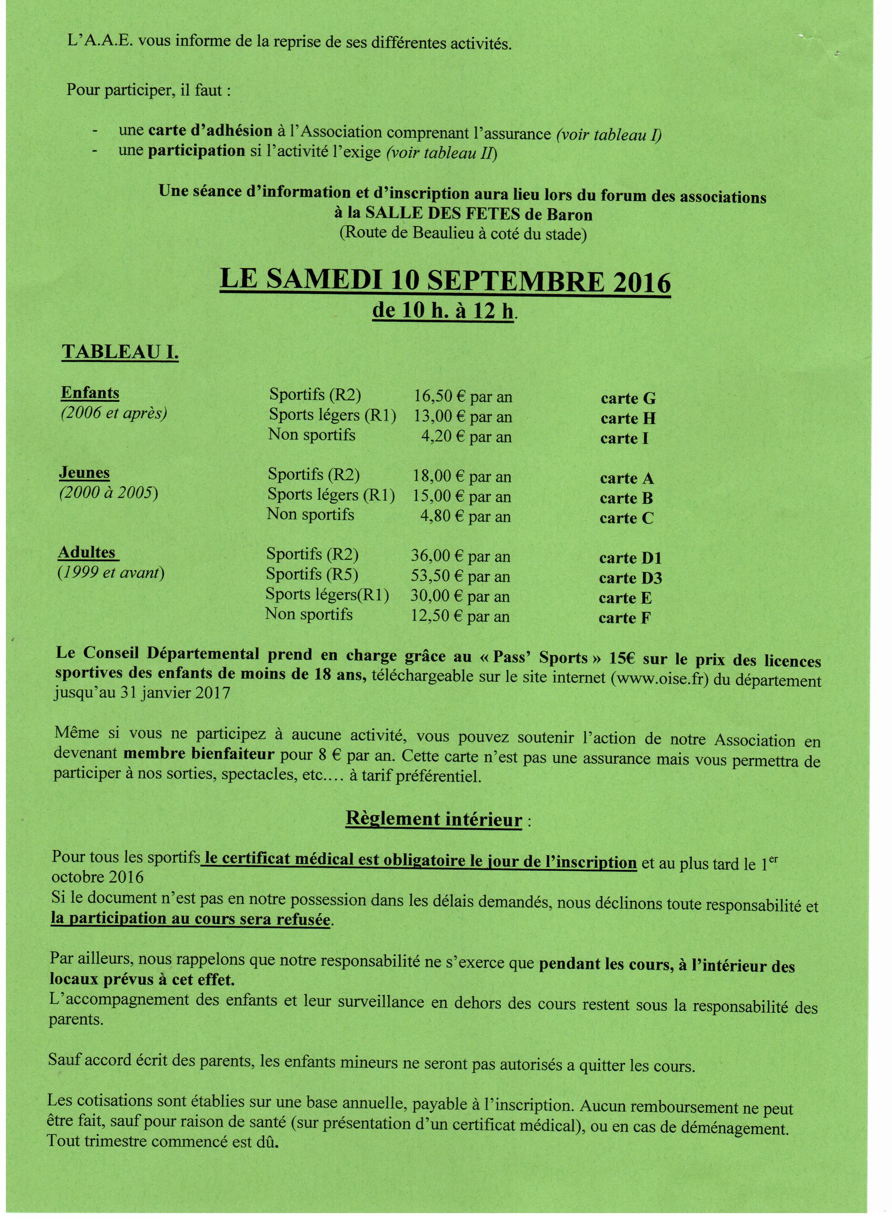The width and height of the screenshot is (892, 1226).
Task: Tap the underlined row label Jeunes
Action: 84,473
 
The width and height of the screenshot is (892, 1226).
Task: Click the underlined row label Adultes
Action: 87,553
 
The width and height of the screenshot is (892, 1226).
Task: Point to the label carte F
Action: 624,618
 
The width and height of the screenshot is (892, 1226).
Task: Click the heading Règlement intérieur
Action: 434,819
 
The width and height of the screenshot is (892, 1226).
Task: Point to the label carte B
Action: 626,498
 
